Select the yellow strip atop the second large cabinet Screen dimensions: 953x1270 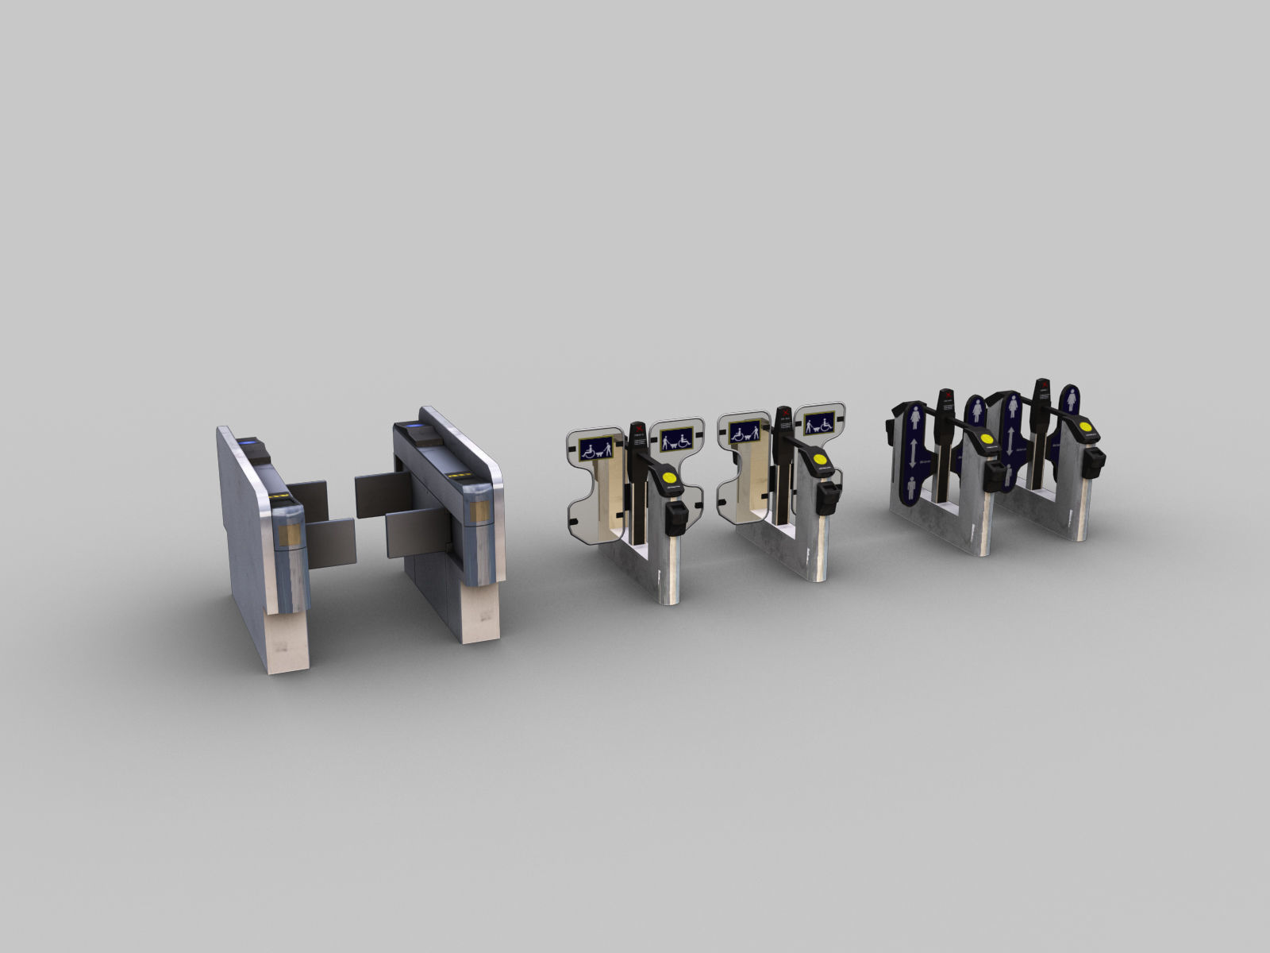[460, 476]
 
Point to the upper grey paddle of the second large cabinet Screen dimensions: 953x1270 [380, 485]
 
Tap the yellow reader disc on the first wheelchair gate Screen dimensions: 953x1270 [670, 478]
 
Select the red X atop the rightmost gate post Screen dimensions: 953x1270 [1045, 387]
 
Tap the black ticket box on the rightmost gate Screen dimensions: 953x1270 [1097, 458]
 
